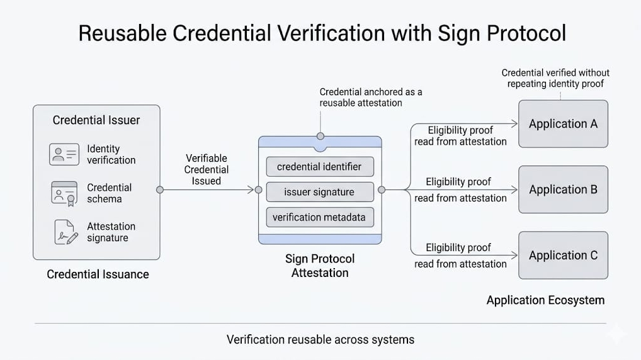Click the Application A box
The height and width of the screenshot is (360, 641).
pos(563,124)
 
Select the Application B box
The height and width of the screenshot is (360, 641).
pos(563,189)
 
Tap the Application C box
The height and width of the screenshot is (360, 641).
pos(563,256)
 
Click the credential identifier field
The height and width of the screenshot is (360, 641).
pos(319,167)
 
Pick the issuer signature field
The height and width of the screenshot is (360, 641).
pos(319,192)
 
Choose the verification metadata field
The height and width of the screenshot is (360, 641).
pos(319,218)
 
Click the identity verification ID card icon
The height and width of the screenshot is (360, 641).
pos(64,154)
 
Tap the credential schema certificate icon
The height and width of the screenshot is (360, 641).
pos(64,193)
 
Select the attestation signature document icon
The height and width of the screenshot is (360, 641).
pos(65,232)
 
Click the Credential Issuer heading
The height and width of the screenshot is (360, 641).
pos(96,120)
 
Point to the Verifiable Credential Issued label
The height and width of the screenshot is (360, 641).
pos(207,169)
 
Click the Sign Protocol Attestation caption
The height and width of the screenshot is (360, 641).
pos(320,266)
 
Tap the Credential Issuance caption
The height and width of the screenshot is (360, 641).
pos(98,274)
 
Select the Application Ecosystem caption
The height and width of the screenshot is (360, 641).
pos(545,300)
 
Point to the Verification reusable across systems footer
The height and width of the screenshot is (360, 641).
pos(320,340)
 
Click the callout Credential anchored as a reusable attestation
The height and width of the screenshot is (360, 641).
pos(370,97)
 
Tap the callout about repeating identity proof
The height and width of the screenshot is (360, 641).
pos(555,78)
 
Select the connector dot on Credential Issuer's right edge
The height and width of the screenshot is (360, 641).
pos(160,189)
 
